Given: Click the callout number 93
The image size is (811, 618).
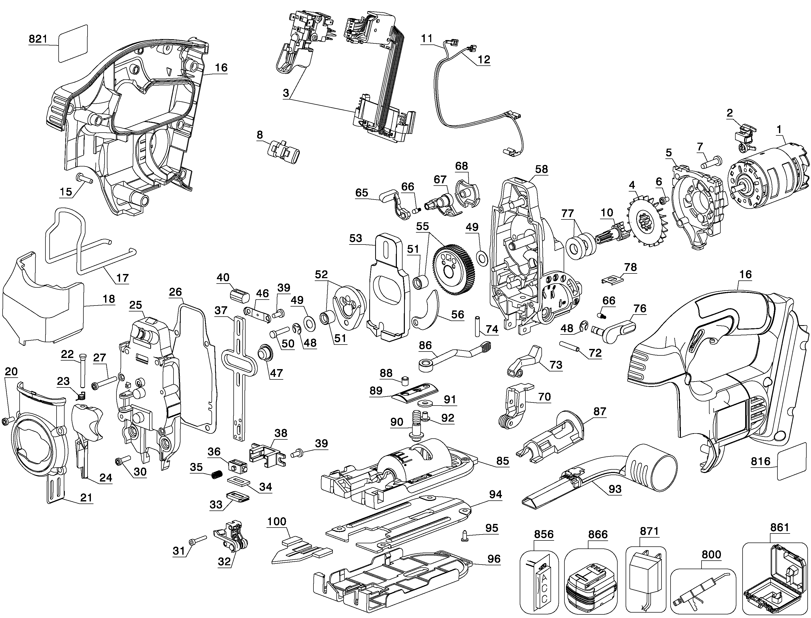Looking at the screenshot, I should [615, 489].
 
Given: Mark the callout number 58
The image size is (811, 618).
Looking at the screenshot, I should [541, 169].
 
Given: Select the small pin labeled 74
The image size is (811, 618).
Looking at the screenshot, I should [477, 326].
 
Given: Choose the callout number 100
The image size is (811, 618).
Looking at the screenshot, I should [277, 521].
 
